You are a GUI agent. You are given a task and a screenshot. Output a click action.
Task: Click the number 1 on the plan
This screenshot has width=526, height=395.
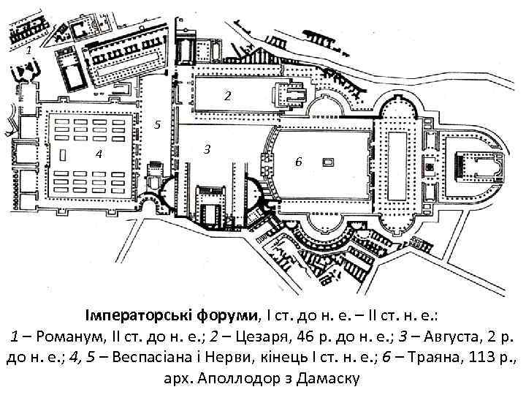(27, 53)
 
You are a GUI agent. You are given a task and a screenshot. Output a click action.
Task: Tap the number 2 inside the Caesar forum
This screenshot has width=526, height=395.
(228, 96)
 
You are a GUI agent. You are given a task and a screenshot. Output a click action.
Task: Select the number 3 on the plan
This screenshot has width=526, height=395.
(207, 149)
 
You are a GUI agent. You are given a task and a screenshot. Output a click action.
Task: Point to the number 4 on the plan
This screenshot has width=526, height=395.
(99, 154)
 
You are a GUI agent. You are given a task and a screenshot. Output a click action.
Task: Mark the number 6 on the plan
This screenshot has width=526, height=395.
(298, 162)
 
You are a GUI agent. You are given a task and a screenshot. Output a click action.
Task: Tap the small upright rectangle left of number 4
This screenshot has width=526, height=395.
(64, 154)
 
